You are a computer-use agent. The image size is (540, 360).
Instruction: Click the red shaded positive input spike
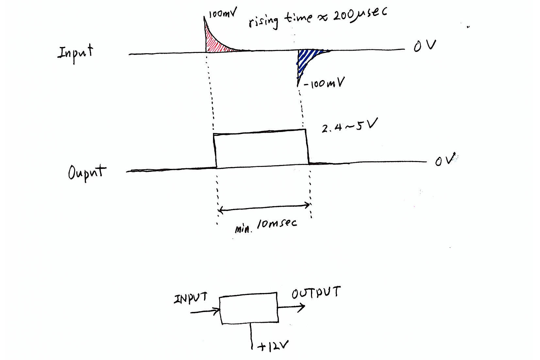(212, 42)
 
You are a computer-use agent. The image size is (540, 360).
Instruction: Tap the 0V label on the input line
(424, 45)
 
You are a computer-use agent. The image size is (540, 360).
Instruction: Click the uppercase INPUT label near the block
(190, 298)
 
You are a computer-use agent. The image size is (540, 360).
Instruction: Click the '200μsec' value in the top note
(359, 15)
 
